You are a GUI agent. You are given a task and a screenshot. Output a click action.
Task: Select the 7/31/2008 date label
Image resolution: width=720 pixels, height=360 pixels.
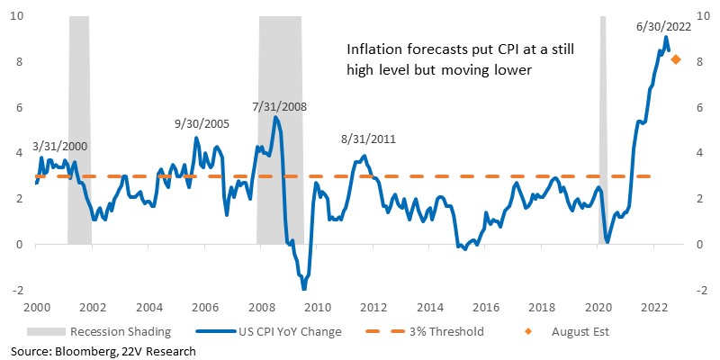279,107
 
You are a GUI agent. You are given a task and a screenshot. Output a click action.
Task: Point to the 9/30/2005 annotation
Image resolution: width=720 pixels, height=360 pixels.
202,123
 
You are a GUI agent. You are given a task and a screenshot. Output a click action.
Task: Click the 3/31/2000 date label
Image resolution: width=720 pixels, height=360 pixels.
60,147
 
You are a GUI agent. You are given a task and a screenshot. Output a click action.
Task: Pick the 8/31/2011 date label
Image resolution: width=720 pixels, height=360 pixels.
368,139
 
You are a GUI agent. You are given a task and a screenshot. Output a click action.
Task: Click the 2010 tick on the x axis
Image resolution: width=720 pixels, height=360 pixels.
317,307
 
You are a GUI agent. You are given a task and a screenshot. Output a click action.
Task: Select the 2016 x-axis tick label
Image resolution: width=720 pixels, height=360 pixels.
485,307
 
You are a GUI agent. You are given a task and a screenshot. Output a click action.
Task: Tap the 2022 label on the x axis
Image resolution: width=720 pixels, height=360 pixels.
654,307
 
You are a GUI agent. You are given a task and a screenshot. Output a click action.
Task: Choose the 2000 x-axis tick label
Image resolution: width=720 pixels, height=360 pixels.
36,307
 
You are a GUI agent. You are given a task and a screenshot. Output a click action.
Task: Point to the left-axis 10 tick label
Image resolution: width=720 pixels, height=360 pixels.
19,16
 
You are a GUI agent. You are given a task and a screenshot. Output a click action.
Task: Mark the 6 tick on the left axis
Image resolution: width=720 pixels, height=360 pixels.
21,107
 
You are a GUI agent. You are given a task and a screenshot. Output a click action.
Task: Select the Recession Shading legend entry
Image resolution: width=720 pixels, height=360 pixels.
99,331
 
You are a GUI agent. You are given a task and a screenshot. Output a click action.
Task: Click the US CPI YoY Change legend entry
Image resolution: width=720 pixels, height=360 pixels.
268,331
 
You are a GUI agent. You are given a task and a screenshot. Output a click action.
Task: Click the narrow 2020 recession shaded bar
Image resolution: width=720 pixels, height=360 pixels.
602,130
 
